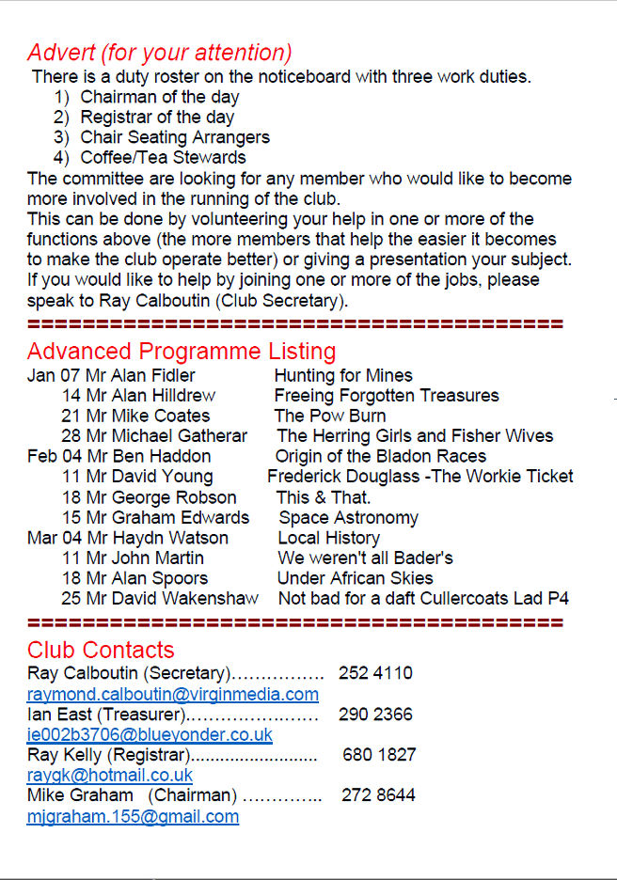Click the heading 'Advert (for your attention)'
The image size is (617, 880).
point(160,53)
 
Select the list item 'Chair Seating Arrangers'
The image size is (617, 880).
point(175,137)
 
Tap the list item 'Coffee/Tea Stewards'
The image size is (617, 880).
point(163,158)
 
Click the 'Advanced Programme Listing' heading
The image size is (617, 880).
point(182,352)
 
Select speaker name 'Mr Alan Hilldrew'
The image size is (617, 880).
point(150,396)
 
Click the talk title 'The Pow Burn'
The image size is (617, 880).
point(330,416)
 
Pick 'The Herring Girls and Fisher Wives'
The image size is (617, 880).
point(415,436)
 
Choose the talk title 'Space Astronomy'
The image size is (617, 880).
point(348,518)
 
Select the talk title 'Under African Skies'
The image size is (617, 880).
point(356,579)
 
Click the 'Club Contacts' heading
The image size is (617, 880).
point(101,650)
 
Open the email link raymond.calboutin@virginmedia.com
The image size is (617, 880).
point(173,695)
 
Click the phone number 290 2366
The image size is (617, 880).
point(375,715)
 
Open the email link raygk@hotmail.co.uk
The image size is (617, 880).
point(110,776)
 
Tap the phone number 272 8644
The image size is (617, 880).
point(378,795)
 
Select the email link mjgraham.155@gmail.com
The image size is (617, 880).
point(133,816)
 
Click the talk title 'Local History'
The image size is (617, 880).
point(328,539)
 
